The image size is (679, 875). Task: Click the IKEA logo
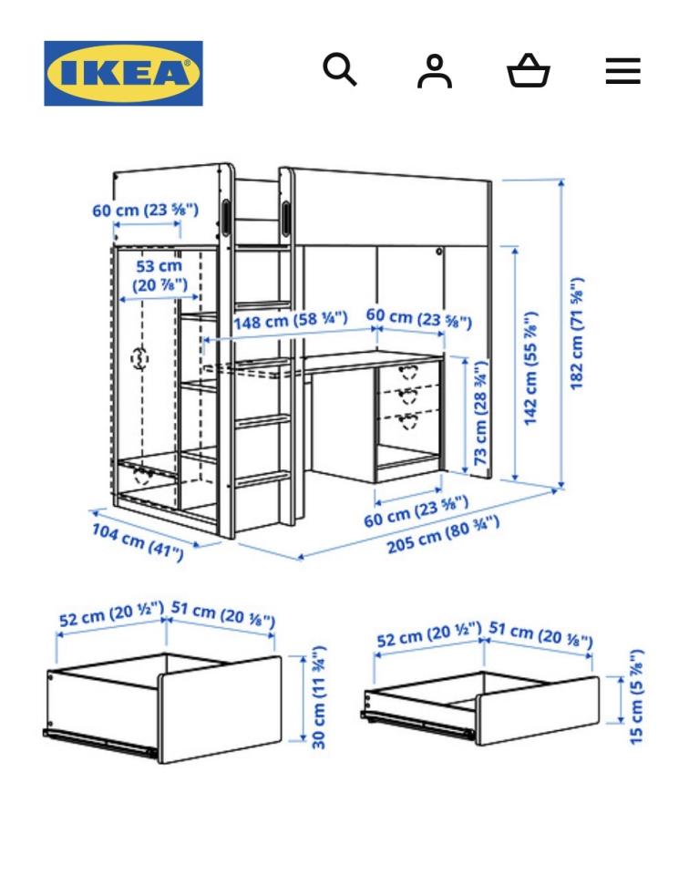tap(123, 73)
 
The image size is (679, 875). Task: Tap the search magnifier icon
tap(340, 69)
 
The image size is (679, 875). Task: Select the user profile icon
tap(435, 71)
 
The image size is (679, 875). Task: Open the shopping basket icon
tap(530, 71)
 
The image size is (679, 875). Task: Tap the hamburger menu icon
tap(622, 71)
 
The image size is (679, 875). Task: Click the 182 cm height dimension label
tap(576, 333)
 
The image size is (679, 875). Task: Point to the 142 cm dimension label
tap(532, 367)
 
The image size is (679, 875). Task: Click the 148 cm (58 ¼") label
tap(290, 320)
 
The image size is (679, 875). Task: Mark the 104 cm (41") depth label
tap(137, 540)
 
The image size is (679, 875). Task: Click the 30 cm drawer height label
tap(319, 697)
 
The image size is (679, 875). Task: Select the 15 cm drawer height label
tap(637, 696)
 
